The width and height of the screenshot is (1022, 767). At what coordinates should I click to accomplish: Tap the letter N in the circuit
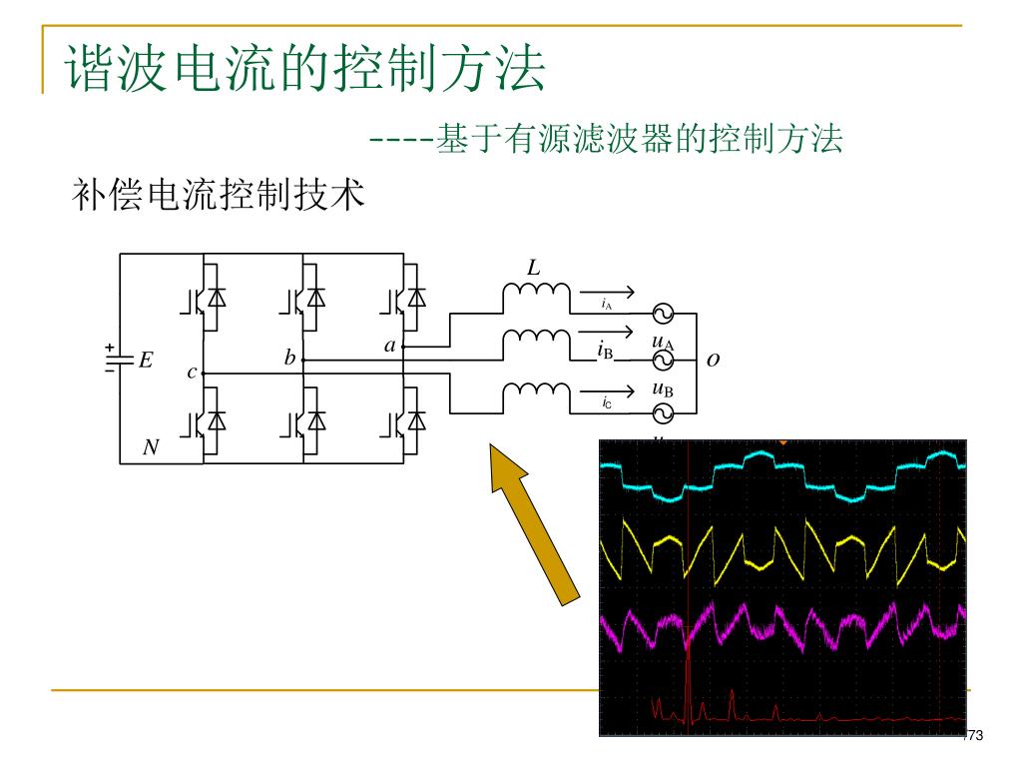click(151, 448)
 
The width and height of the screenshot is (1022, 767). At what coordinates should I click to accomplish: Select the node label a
click(390, 346)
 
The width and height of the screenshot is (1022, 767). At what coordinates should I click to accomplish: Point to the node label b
click(289, 358)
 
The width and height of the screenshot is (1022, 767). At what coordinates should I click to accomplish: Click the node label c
click(192, 372)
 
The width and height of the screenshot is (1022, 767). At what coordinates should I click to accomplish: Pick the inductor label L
click(534, 268)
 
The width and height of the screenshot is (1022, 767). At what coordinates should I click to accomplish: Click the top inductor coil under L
click(536, 294)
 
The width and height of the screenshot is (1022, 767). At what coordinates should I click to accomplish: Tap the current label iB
click(605, 350)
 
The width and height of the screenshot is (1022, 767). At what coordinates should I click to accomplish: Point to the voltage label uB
click(662, 388)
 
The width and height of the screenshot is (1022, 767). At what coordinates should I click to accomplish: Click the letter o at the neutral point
click(713, 360)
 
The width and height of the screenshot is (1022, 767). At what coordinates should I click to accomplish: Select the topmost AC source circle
click(663, 315)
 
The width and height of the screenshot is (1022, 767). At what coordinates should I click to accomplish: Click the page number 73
click(975, 736)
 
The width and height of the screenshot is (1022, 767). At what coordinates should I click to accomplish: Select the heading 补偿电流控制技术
click(220, 195)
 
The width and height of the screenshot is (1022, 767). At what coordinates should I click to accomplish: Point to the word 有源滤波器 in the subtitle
click(583, 139)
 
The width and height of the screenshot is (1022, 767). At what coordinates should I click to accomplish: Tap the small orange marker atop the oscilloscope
click(783, 441)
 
